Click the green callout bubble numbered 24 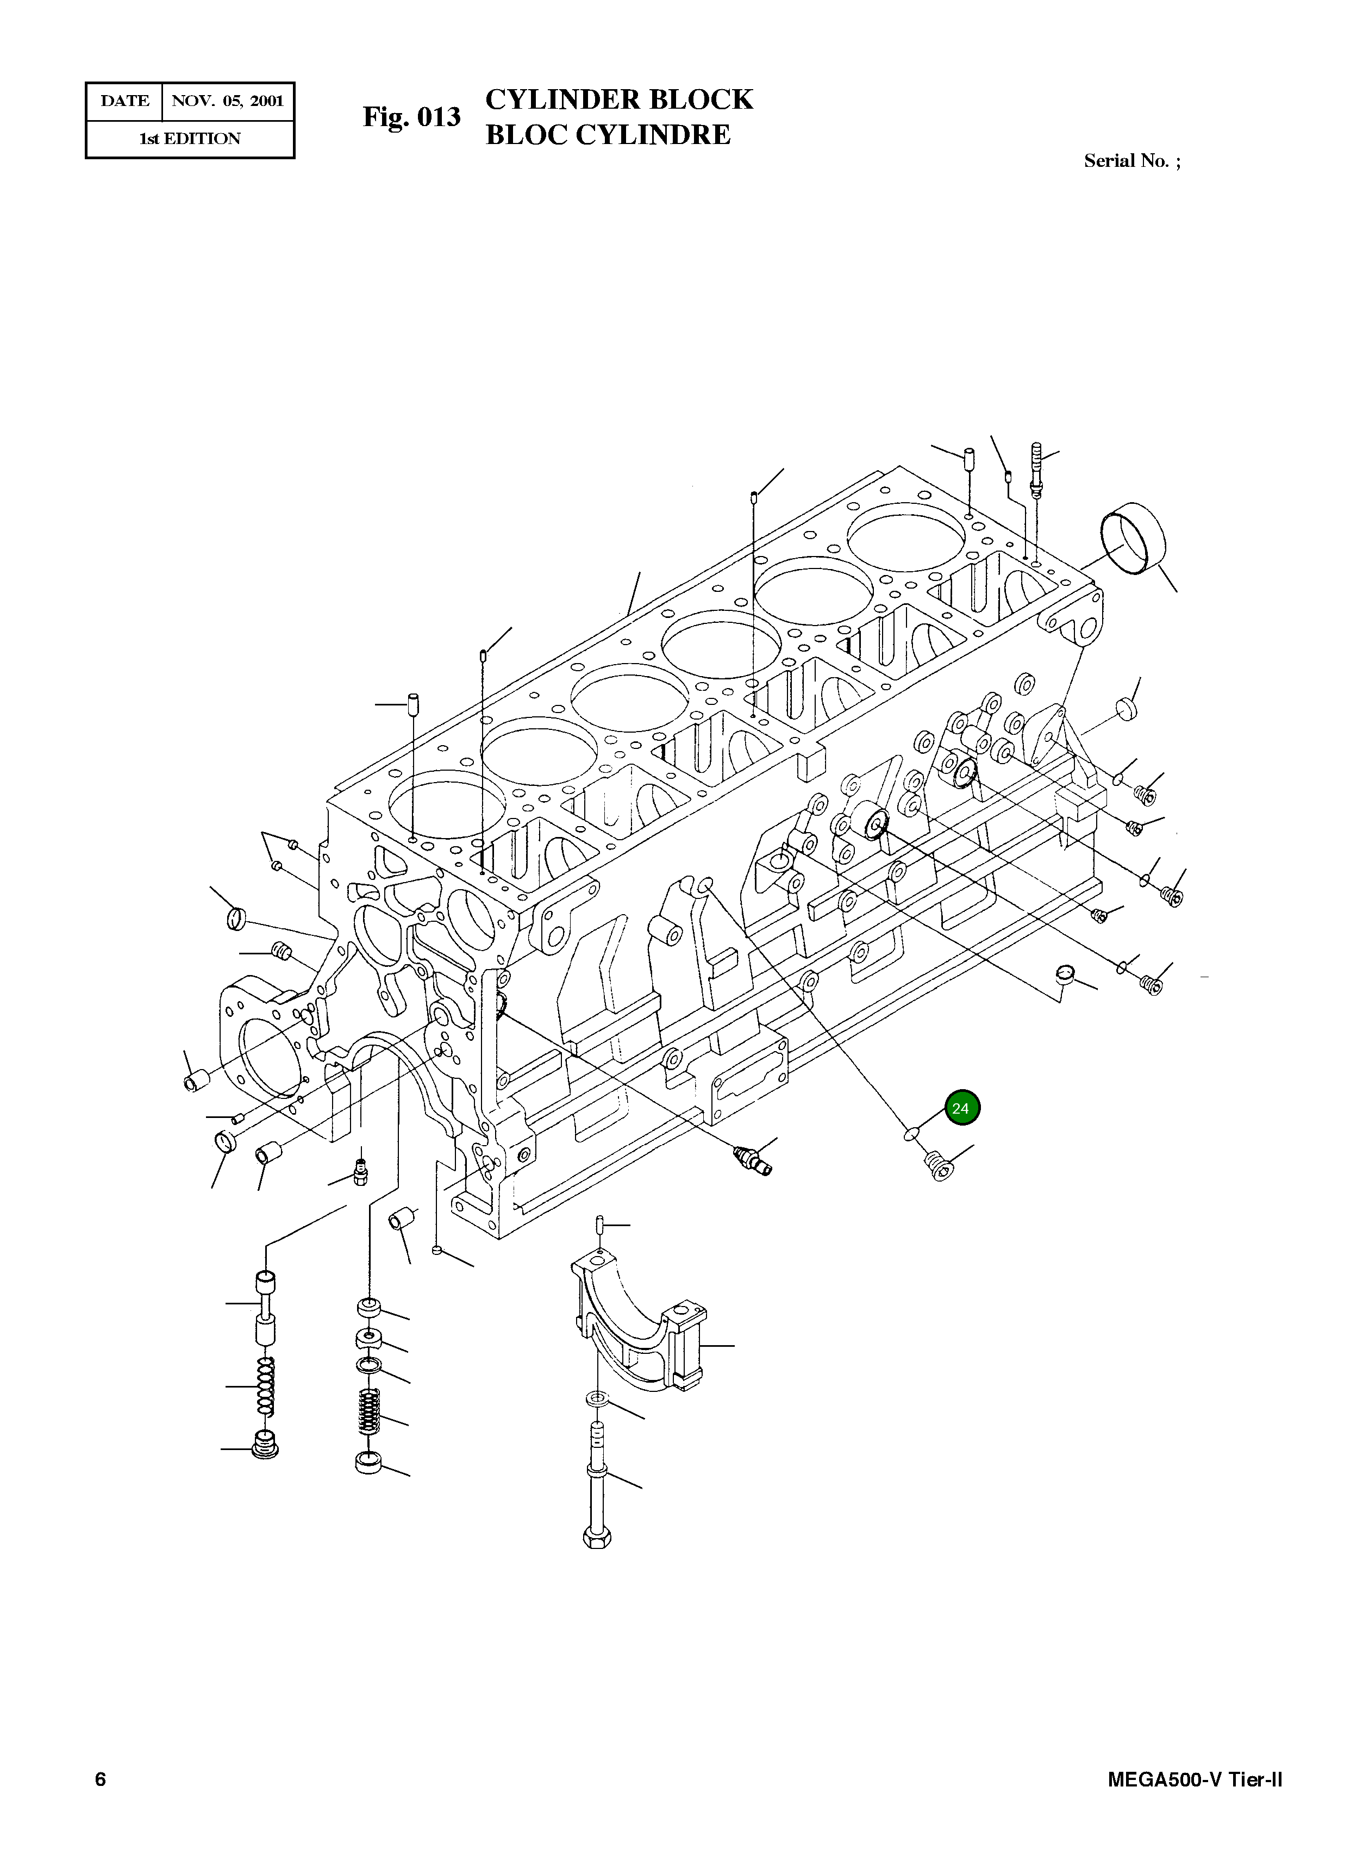(x=960, y=1108)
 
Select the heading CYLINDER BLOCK (x=619, y=99)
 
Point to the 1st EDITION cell (x=190, y=139)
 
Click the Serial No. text (x=1131, y=161)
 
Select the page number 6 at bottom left (x=100, y=1780)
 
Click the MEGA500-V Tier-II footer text (x=1194, y=1780)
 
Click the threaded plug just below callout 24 (x=938, y=1166)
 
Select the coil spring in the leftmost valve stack (x=265, y=1386)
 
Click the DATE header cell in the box (x=124, y=102)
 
